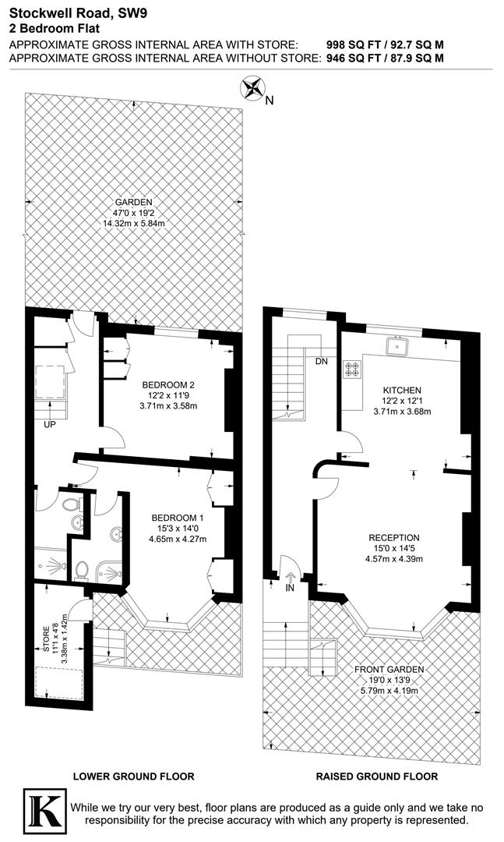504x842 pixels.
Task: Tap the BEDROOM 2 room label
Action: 167,384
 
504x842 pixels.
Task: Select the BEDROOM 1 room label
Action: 177,518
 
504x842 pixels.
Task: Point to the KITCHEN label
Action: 402,390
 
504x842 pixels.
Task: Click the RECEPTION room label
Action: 394,537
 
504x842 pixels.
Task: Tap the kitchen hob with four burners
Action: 352,369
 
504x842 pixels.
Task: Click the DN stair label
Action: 322,362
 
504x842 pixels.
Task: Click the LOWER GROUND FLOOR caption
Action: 133,777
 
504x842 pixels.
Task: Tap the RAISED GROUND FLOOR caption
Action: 377,777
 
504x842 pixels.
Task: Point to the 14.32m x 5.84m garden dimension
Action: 135,223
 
